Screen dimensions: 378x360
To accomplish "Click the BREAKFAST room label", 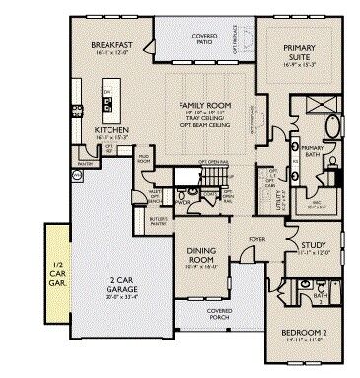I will (111, 45).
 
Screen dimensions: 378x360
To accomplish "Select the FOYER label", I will (256, 238).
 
